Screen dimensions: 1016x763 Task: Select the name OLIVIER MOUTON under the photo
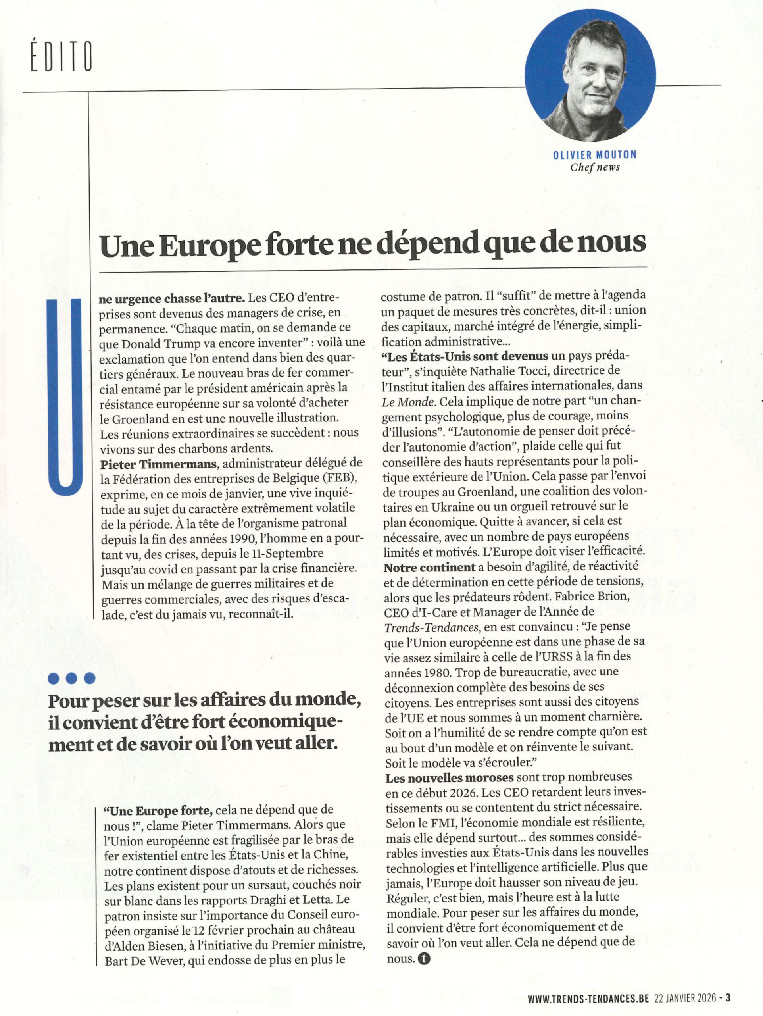click(594, 155)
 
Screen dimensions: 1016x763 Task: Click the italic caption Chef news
click(595, 167)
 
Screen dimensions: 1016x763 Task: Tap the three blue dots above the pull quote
click(71, 678)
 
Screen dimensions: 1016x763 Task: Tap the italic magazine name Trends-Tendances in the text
click(432, 627)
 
